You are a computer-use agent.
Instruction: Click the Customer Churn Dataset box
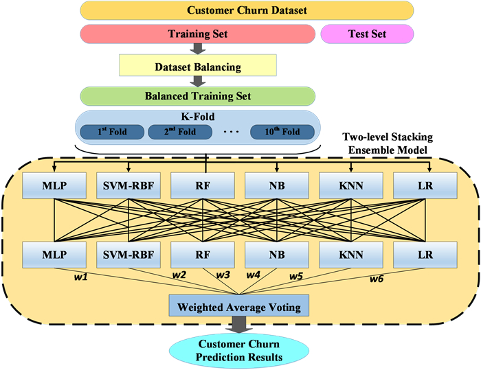[x=247, y=10]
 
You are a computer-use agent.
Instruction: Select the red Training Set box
[x=198, y=33]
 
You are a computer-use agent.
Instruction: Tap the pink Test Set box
[x=367, y=33]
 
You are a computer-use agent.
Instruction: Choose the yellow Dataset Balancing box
[x=198, y=67]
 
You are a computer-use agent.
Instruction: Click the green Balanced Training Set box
[x=198, y=95]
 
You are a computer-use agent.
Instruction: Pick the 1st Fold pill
[x=112, y=131]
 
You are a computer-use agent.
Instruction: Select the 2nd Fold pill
[x=179, y=131]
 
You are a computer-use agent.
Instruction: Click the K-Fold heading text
[x=197, y=117]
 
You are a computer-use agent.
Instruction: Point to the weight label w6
[x=377, y=279]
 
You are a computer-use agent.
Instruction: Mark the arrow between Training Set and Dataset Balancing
[x=198, y=48]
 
